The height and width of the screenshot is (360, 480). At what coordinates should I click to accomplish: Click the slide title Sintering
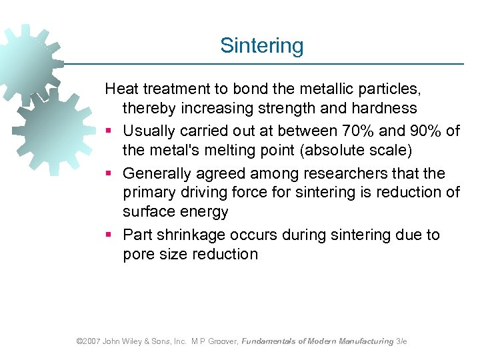[x=261, y=45]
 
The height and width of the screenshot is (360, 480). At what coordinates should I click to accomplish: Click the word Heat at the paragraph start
[x=121, y=88]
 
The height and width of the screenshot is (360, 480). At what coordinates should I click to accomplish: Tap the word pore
[x=138, y=255]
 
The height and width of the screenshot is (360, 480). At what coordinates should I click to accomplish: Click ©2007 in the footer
[x=88, y=341]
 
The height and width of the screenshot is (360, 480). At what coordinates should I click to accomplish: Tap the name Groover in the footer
[x=221, y=341]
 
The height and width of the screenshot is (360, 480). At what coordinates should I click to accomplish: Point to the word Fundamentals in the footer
[x=268, y=341]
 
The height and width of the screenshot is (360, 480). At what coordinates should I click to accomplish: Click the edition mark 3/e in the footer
[x=401, y=341]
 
